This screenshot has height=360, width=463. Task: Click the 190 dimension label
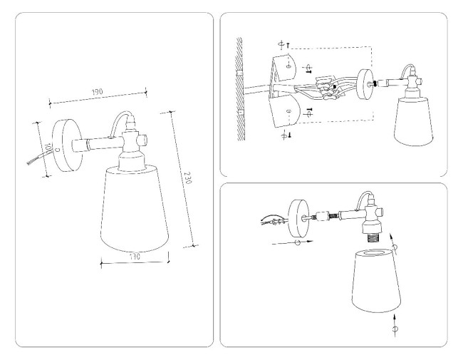[x=98, y=93]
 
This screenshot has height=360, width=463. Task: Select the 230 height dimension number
[x=187, y=179]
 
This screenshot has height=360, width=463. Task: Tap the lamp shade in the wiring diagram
[x=413, y=121]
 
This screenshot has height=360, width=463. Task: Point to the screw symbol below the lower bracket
[x=285, y=135]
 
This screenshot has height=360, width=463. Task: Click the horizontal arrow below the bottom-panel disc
[x=292, y=242]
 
